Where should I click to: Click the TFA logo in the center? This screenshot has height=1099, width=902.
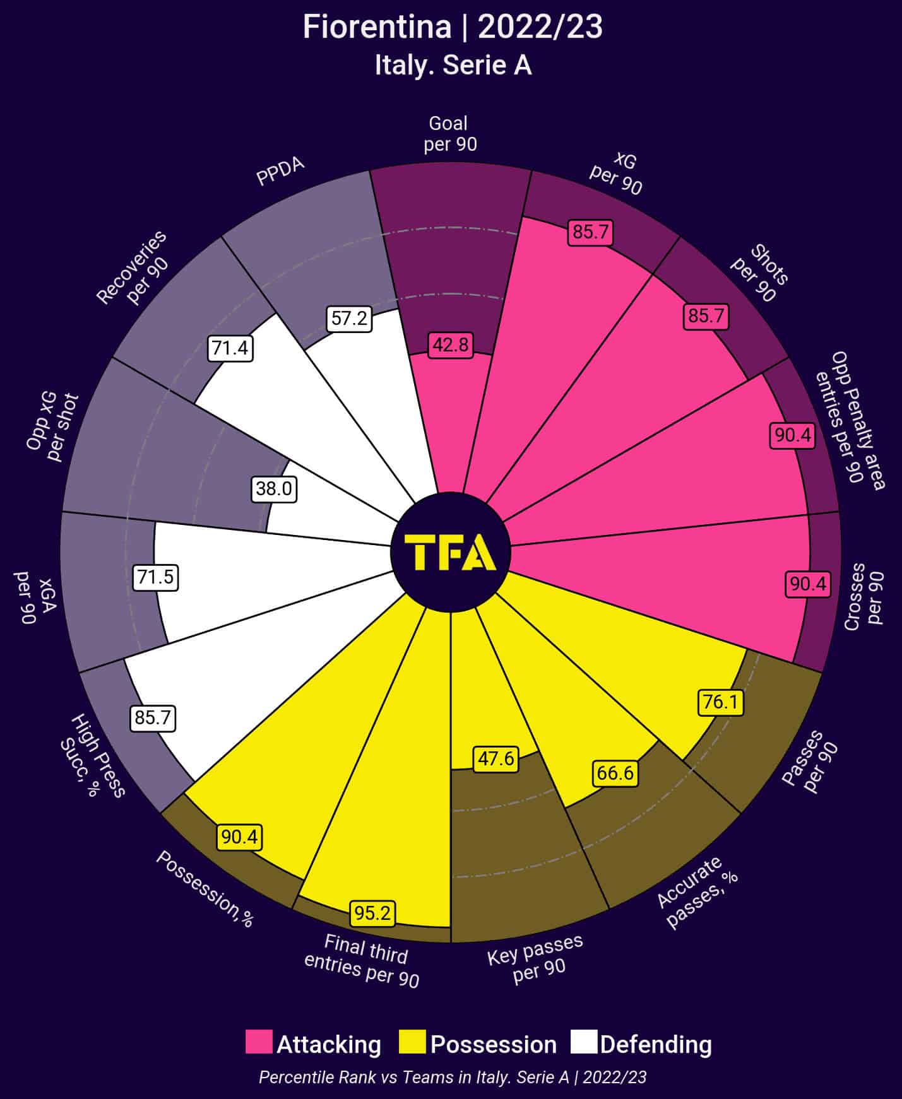click(451, 552)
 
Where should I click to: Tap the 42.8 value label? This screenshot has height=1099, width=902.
click(451, 345)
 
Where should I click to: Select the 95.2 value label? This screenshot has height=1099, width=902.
click(372, 913)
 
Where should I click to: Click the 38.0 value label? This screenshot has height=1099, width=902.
click(274, 489)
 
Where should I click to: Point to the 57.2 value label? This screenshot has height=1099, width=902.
click(349, 319)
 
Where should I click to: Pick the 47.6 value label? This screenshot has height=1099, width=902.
click(496, 758)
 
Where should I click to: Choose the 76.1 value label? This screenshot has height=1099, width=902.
click(720, 702)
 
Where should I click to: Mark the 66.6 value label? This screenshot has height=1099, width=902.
click(615, 773)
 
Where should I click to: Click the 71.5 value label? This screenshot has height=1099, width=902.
click(155, 577)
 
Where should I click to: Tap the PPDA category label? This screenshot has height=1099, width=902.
click(280, 171)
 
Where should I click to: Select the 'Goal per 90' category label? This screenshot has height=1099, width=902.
click(450, 134)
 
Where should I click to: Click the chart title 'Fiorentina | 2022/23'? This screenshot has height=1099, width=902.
click(452, 28)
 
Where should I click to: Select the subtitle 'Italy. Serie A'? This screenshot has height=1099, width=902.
click(453, 66)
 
